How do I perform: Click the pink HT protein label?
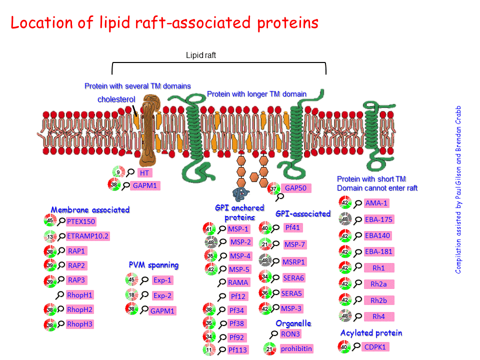tap(144, 173)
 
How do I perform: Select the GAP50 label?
tap(295, 188)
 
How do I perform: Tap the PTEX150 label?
tap(81, 221)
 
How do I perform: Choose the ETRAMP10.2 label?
tap(88, 236)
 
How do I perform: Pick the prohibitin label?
tap(296, 348)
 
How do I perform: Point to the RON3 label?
tap(290, 334)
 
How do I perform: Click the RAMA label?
tap(238, 282)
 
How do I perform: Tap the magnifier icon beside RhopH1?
tap(60, 295)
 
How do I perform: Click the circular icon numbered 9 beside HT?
tap(118, 173)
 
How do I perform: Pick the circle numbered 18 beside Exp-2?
tap(131, 295)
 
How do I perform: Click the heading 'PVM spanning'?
tap(153, 264)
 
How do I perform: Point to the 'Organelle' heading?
tap(293, 323)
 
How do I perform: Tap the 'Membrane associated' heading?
tap(90, 209)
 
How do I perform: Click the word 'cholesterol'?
tap(116, 99)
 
